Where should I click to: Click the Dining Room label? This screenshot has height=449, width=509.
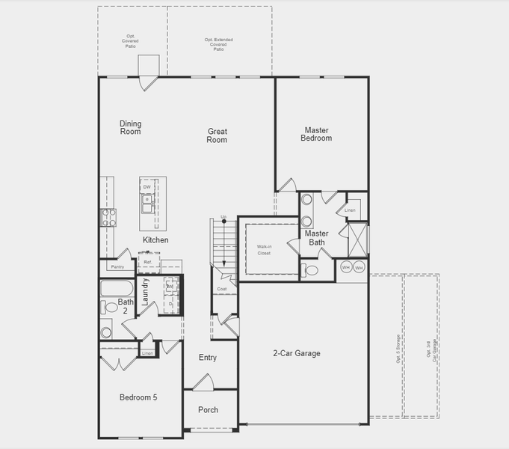(131, 128)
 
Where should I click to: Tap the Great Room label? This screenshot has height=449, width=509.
(217, 135)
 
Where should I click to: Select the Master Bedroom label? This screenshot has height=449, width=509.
(316, 134)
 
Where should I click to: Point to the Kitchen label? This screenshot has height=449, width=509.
(155, 240)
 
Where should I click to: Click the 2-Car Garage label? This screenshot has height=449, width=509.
(296, 353)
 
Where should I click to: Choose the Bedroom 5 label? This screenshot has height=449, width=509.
(138, 397)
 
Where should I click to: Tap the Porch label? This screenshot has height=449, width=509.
(209, 410)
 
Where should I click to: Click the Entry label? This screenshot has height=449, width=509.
(208, 358)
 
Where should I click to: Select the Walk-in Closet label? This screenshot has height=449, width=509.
(264, 250)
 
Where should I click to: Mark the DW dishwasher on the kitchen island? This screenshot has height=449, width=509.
(147, 187)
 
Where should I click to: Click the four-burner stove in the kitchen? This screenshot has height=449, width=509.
(108, 217)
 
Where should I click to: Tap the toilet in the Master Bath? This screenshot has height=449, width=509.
(309, 270)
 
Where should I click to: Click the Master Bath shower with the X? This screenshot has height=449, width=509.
(357, 240)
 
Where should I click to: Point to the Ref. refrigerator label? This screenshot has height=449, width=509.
(148, 262)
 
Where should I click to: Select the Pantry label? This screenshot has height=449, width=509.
(117, 266)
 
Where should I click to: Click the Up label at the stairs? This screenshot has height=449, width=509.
(223, 218)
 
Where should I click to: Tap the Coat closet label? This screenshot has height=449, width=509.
(222, 289)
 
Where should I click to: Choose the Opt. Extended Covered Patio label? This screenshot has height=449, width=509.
(219, 44)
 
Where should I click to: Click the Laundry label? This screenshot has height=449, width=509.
(146, 290)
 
